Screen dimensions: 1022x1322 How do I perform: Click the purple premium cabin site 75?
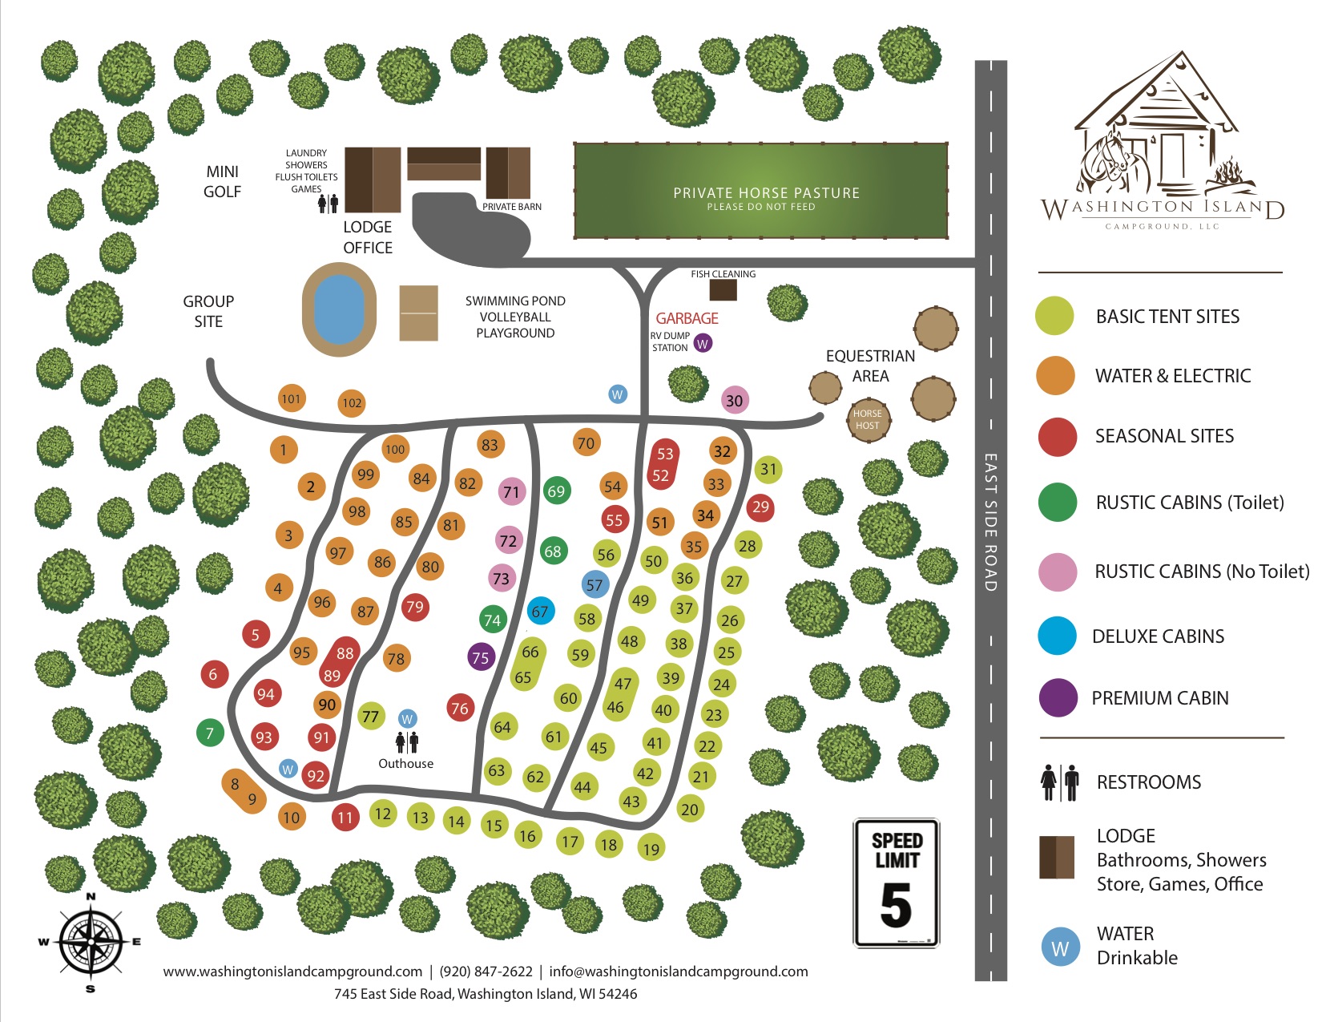(x=481, y=657)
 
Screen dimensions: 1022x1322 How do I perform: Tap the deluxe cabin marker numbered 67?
(x=541, y=612)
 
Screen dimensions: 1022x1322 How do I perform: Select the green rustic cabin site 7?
(x=210, y=733)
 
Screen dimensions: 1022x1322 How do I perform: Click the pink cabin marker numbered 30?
(x=735, y=400)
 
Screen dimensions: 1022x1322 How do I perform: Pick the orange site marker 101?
(x=292, y=398)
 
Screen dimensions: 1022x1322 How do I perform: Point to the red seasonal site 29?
(x=760, y=507)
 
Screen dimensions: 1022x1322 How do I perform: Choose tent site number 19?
(x=651, y=848)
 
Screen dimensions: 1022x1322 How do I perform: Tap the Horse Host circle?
(x=868, y=420)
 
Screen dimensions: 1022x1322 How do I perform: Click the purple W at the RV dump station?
(x=703, y=343)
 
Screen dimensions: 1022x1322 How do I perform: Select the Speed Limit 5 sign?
(x=897, y=883)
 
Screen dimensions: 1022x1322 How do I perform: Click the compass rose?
(x=91, y=942)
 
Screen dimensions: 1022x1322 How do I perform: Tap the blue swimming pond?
(x=340, y=309)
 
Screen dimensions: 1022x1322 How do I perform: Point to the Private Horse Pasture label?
(x=766, y=193)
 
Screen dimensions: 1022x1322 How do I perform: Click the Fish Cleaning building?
(x=723, y=289)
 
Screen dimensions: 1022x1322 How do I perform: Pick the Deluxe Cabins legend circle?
(x=1057, y=636)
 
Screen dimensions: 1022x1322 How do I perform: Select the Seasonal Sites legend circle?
(x=1057, y=437)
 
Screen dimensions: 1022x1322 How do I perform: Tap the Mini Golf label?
(x=222, y=181)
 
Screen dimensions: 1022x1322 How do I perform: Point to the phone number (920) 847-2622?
(x=486, y=972)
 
